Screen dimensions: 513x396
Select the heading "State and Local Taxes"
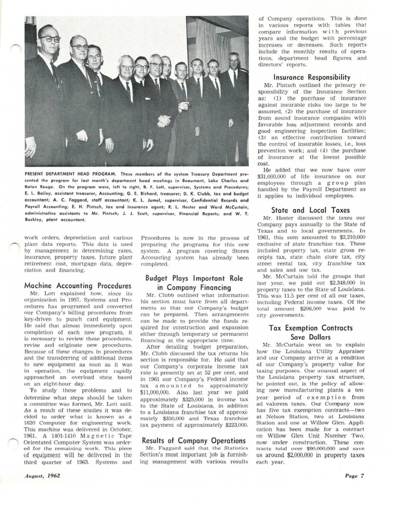coord(310,210)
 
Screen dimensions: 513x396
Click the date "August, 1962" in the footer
coord(42,475)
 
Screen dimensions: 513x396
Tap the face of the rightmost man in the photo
coord(234,62)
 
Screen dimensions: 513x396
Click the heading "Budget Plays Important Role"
coord(194,278)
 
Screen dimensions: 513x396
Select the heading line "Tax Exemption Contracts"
coord(311,328)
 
